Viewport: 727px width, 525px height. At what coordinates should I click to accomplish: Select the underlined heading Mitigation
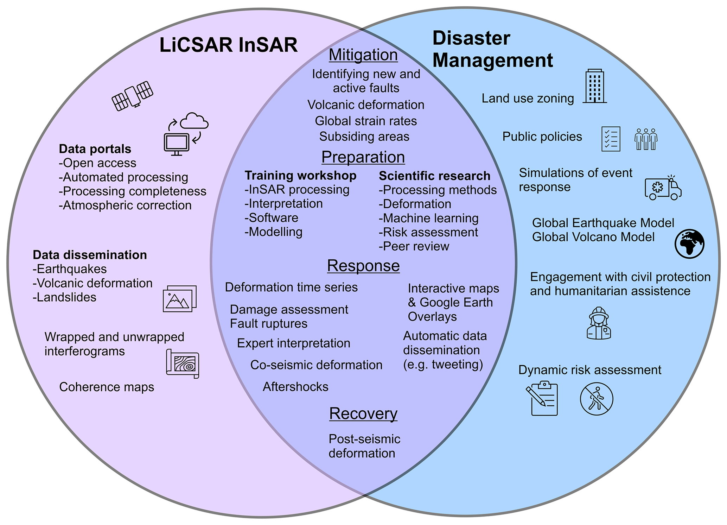click(363, 55)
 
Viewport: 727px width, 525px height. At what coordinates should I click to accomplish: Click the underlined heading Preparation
click(363, 157)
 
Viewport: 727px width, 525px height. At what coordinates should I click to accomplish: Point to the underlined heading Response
click(363, 266)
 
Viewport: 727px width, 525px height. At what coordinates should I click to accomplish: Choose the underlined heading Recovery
click(363, 413)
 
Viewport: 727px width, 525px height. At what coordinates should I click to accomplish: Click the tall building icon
click(595, 86)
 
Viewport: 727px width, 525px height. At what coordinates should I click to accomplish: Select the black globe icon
click(689, 244)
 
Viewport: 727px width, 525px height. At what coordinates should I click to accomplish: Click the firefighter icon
click(599, 323)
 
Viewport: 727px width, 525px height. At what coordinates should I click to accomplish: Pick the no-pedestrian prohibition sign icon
click(597, 399)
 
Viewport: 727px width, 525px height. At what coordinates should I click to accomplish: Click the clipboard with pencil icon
click(542, 399)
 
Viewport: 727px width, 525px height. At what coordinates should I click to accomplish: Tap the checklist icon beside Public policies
click(611, 139)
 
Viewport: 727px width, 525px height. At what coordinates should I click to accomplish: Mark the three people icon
click(646, 139)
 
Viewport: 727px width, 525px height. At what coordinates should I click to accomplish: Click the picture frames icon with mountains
click(180, 299)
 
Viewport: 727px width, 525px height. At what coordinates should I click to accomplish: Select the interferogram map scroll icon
click(183, 363)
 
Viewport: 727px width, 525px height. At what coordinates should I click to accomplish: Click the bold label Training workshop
click(300, 176)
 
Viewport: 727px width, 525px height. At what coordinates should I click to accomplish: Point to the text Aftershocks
click(295, 387)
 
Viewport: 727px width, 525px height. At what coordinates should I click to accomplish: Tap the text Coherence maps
click(107, 387)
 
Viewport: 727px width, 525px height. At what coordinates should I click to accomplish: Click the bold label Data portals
click(95, 149)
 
